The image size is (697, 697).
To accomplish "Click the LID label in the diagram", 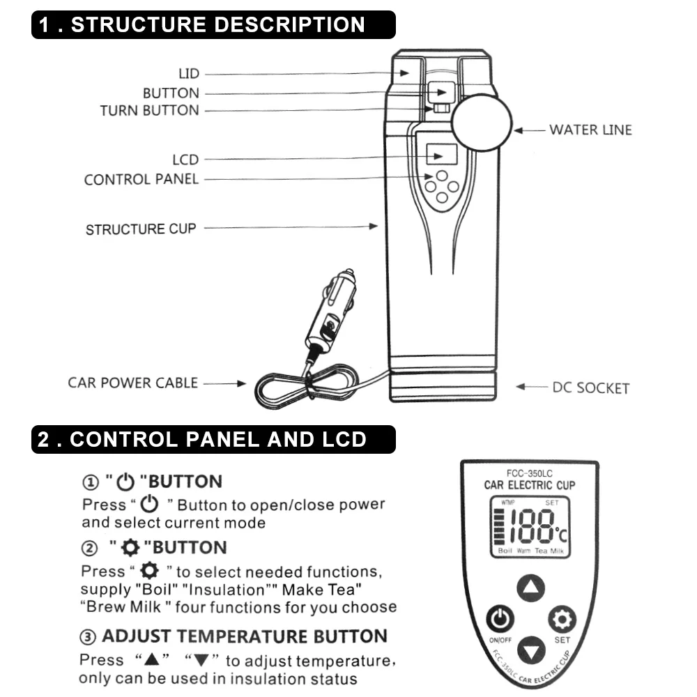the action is coord(189,74).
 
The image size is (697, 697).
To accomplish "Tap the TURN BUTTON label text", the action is coord(149,110).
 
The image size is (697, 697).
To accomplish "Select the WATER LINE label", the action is coord(590,130).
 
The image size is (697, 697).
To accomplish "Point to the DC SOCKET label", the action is coord(590,388).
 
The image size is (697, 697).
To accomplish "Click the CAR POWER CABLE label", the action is coord(132,383).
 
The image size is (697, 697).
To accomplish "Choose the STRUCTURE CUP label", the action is coord(141,229).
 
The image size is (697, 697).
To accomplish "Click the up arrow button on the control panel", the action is coord(530,589).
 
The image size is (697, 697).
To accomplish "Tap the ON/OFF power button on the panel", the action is coord(500,619).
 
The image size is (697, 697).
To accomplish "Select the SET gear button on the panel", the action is coord(562,619).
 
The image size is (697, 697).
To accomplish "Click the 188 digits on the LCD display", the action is coord(531,527).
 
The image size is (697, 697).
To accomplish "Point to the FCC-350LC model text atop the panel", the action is coord(530,473).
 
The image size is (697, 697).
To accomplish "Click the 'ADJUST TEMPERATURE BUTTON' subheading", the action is coord(244,636).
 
